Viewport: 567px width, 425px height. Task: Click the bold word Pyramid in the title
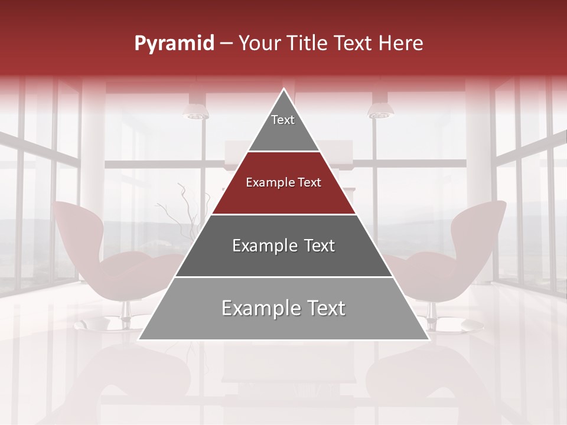(x=174, y=44)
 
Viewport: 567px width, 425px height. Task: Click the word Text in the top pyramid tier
(x=283, y=120)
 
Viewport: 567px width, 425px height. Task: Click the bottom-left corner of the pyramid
(x=139, y=339)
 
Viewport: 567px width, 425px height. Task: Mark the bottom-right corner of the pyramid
(x=429, y=339)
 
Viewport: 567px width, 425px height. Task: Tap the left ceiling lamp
(x=195, y=111)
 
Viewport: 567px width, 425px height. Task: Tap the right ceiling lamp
(x=378, y=111)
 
